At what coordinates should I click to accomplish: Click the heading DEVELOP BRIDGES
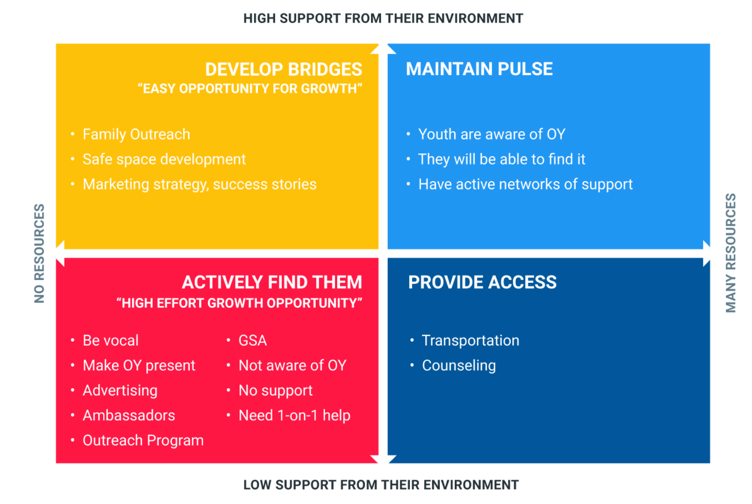[x=284, y=69]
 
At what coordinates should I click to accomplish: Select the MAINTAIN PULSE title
[x=480, y=69]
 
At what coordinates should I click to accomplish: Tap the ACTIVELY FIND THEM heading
[x=272, y=282]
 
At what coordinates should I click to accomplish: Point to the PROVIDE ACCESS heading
[x=482, y=282]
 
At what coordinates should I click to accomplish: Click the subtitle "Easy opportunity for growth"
[x=250, y=89]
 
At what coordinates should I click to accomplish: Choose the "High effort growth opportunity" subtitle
[x=240, y=303]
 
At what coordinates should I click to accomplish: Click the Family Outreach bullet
[x=136, y=134]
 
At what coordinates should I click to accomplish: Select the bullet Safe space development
[x=164, y=160]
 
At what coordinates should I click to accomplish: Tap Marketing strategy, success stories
[x=199, y=184]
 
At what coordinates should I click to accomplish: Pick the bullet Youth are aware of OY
[x=492, y=134]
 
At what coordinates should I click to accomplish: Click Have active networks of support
[x=525, y=184]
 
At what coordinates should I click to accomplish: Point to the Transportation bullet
[x=471, y=341]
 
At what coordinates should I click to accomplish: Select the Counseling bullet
[x=459, y=366]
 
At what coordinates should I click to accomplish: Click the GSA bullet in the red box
[x=253, y=341]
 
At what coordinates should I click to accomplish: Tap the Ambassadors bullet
[x=129, y=416]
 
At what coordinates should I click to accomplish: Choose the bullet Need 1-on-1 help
[x=294, y=416]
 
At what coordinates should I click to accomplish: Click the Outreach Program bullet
[x=143, y=441]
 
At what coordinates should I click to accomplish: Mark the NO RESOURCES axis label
[x=40, y=253]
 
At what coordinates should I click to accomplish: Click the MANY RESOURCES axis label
[x=731, y=253]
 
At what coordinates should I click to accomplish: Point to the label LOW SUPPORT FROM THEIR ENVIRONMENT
[x=381, y=485]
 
